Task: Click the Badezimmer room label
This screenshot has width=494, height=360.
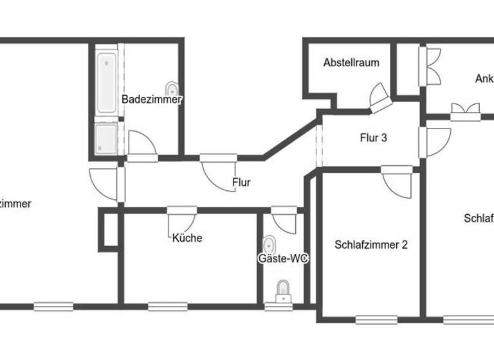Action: (152, 100)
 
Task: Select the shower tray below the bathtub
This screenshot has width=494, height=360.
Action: (106, 138)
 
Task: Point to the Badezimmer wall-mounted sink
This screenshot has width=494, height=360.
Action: (172, 89)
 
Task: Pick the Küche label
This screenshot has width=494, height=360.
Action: (187, 238)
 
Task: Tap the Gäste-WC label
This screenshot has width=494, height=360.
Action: (283, 258)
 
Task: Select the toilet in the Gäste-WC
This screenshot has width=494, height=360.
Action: (283, 292)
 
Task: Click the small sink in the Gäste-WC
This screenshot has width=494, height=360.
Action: (270, 244)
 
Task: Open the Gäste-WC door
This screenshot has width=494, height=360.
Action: (283, 219)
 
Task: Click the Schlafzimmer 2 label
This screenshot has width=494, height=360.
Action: (371, 244)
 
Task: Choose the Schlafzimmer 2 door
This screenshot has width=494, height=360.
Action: (399, 181)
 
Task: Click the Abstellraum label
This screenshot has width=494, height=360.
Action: (351, 63)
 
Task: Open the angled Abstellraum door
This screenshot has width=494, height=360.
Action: (381, 98)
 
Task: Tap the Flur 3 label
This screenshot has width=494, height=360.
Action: (373, 137)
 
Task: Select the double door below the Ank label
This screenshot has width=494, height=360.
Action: (466, 111)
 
